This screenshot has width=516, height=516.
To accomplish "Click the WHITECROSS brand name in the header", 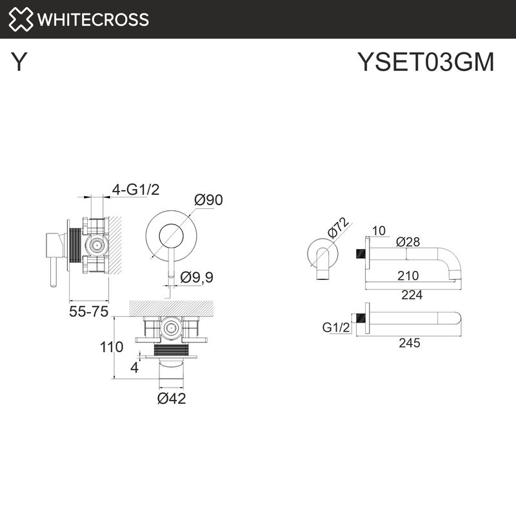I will pos(94,19).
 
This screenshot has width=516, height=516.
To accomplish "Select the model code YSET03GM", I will pos(426,63).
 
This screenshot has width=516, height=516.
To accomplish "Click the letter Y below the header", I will pos(20,63).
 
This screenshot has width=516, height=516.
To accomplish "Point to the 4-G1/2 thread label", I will pos(135,189).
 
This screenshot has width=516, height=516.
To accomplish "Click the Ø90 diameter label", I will pos(208,200).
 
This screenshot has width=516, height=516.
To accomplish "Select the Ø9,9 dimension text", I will pos(197,277).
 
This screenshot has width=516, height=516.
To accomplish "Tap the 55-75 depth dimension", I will pos(88,312).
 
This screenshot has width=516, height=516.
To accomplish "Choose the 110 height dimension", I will pos(112,347).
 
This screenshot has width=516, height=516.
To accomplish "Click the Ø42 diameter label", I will pos(172,399).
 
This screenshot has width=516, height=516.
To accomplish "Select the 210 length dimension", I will pos(408,275).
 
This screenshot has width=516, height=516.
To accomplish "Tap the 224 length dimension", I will pos(412,295).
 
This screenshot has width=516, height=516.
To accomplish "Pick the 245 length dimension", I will pos(409,342).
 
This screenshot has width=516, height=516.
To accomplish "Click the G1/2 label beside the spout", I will pos(336,328).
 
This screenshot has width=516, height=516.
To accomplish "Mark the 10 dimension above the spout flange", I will pos(379,230).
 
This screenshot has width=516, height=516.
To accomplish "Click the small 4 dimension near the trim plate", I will pos(134,368).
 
